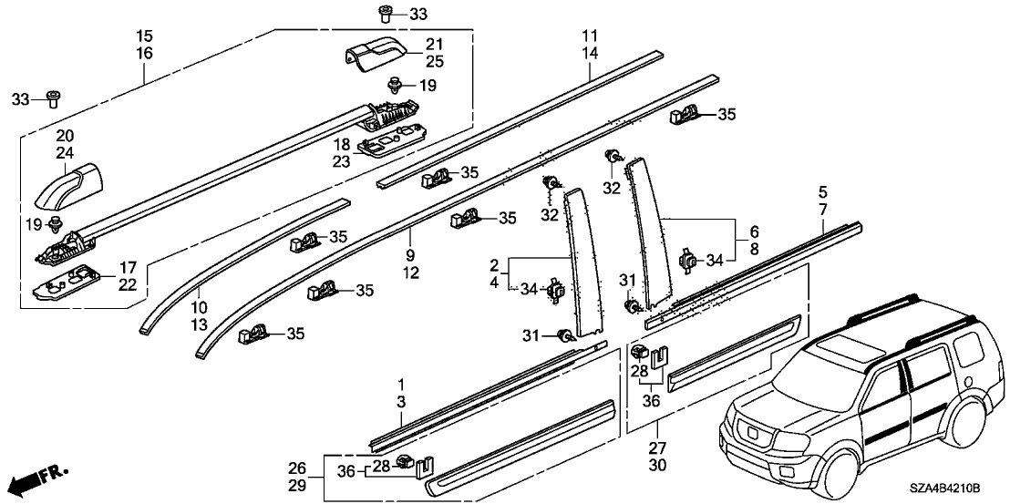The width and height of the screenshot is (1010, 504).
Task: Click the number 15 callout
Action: coord(144,36)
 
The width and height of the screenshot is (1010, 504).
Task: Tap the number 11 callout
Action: coord(590,36)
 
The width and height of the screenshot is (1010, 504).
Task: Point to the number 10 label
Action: coord(200,307)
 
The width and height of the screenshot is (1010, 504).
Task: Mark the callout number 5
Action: coord(822,192)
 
